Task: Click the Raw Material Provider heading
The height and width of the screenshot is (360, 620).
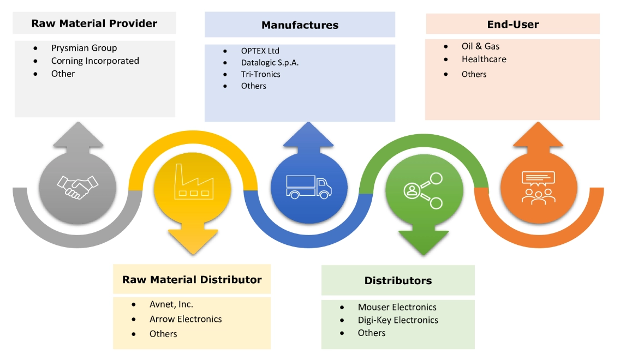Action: pos(94,23)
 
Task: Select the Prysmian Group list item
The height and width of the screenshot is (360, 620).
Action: pos(84,48)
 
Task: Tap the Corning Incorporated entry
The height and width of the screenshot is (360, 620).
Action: pos(95,61)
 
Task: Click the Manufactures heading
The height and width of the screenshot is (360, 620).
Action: pos(300,25)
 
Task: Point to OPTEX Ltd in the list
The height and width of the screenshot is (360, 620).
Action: pos(260,51)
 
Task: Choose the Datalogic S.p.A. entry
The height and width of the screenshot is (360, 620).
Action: pos(270,62)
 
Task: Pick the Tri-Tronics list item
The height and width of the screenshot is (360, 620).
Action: pos(260,74)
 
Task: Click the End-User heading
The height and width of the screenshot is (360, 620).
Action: pos(512,25)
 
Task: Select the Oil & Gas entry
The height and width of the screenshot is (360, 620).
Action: pos(480,46)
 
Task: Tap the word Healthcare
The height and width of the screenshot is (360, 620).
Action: pos(484,59)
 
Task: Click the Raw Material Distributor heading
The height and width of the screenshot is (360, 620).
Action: pos(192,280)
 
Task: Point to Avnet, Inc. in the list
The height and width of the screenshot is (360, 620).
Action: pos(171,304)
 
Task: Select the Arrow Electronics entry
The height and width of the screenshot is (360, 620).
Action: pos(186,319)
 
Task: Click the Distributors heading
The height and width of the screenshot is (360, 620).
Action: pos(398,281)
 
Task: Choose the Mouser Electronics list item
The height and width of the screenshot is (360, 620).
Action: pos(397,307)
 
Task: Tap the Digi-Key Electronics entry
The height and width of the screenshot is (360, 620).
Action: pos(398,320)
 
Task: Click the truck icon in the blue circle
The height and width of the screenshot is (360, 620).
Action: pos(308,187)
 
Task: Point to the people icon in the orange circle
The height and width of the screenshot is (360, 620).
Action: pos(538,187)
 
